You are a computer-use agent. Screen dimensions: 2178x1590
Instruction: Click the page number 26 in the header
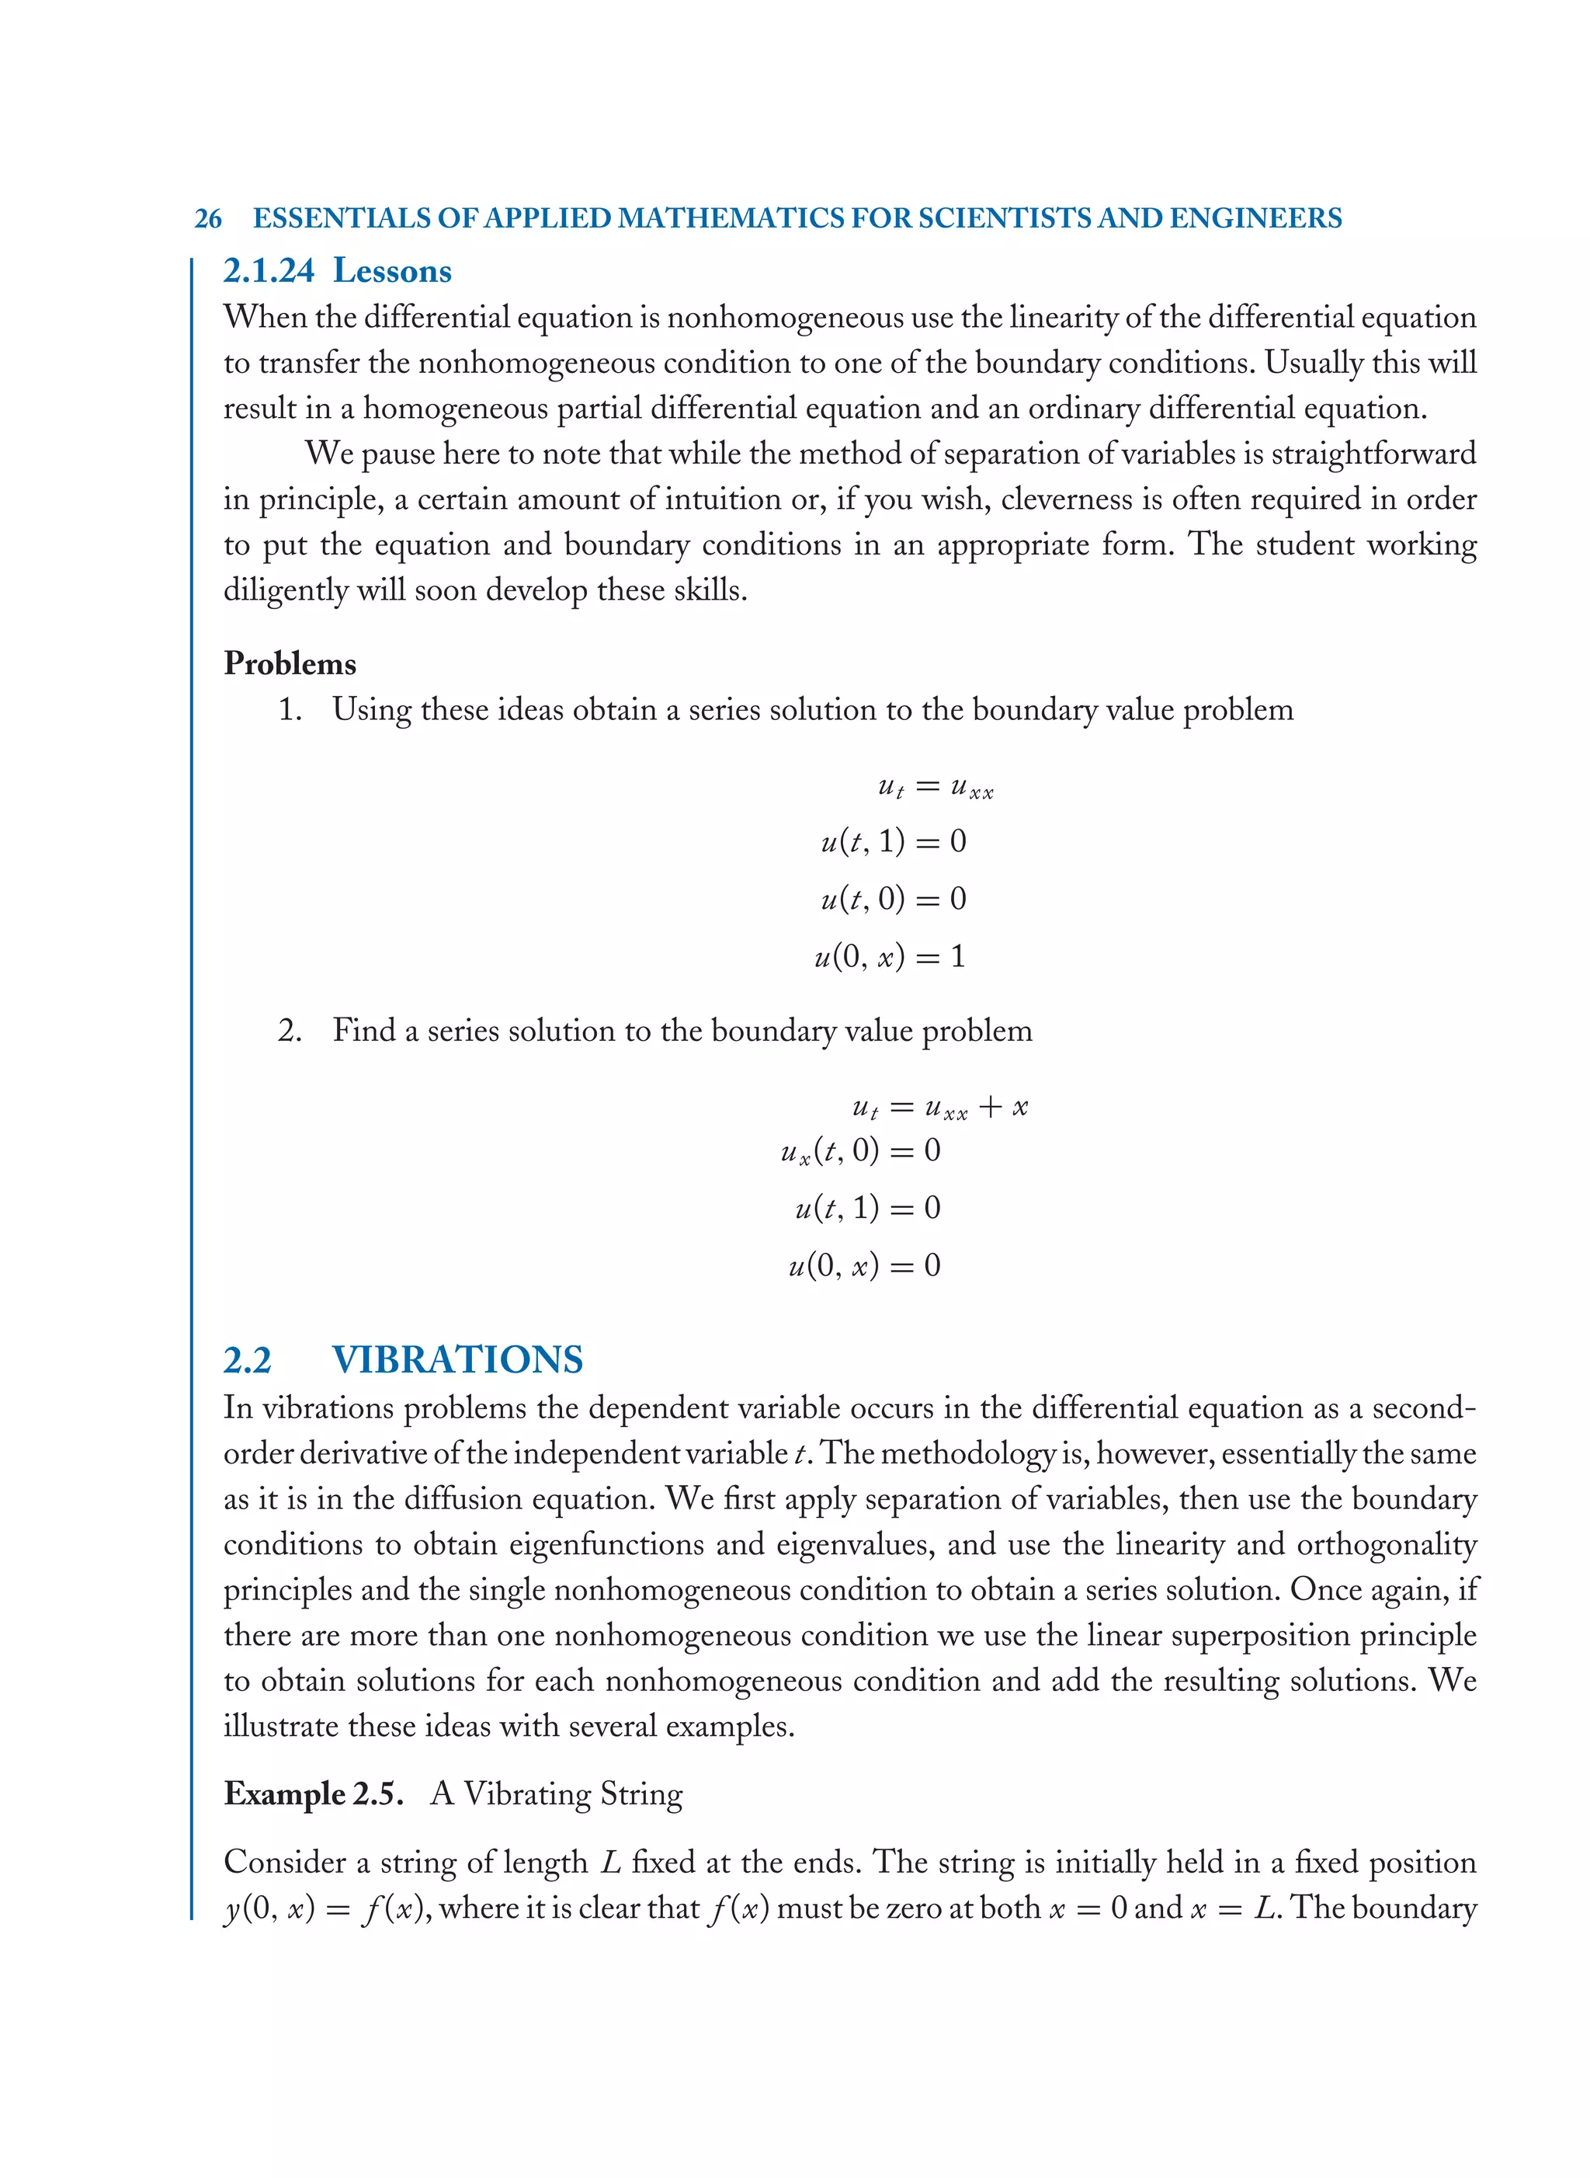pyautogui.click(x=208, y=218)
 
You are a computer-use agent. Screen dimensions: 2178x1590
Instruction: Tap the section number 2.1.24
pyautogui.click(x=269, y=272)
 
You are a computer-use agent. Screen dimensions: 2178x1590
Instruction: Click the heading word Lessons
pyautogui.click(x=392, y=272)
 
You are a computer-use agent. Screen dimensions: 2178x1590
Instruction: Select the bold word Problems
pyautogui.click(x=290, y=663)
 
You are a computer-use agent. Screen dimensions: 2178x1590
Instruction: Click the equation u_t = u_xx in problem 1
pyautogui.click(x=935, y=788)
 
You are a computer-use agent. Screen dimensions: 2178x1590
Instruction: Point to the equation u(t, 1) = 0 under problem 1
pyautogui.click(x=892, y=841)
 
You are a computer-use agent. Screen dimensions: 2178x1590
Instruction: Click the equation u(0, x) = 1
pyautogui.click(x=889, y=957)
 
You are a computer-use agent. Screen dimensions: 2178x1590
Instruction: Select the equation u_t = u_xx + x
pyautogui.click(x=939, y=1108)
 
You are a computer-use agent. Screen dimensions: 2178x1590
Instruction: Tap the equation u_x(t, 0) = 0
pyautogui.click(x=860, y=1150)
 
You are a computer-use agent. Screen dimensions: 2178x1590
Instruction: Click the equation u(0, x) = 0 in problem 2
pyautogui.click(x=863, y=1265)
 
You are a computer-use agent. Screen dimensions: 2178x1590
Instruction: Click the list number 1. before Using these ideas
pyautogui.click(x=290, y=711)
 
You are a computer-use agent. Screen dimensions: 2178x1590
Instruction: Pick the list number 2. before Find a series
pyautogui.click(x=290, y=1032)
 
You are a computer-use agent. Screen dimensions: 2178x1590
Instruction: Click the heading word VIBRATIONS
pyautogui.click(x=457, y=1359)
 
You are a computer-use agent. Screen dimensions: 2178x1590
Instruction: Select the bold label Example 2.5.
pyautogui.click(x=313, y=1794)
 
